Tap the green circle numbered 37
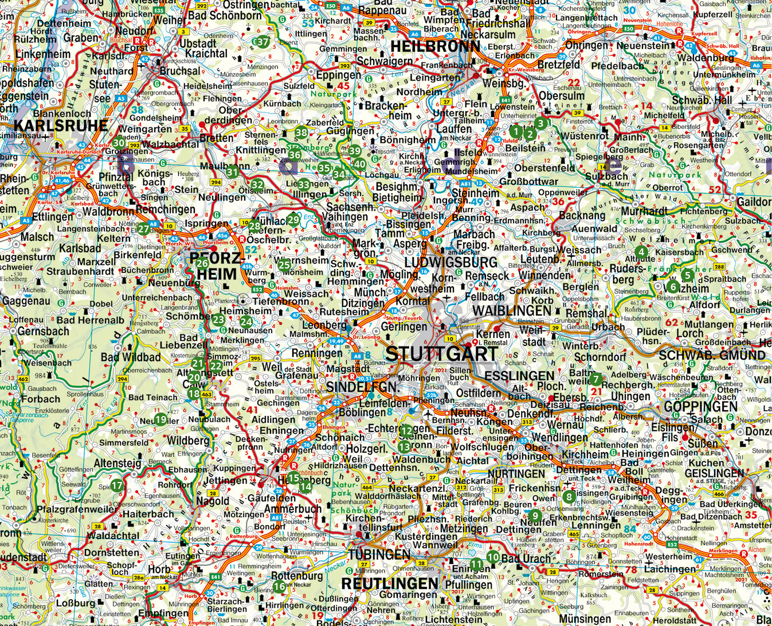[262, 42]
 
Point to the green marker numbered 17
[117, 485]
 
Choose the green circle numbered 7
[595, 379]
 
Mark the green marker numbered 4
[641, 252]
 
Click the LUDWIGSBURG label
[451, 262]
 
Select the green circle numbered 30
[119, 143]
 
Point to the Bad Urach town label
[526, 558]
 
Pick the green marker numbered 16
[279, 586]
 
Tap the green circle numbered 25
[284, 265]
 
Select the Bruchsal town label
[180, 72]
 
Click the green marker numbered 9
[535, 515]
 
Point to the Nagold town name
[212, 501]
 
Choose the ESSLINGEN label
[519, 375]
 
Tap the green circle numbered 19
[160, 419]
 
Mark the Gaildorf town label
[754, 202]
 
